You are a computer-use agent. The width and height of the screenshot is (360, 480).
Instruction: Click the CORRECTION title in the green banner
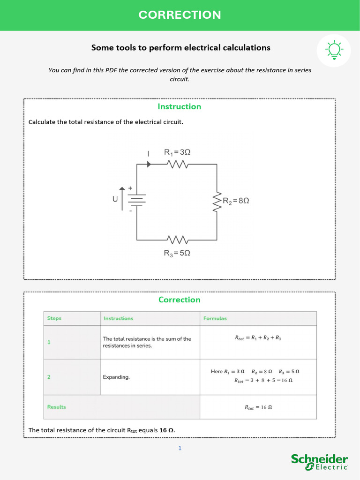[180, 15]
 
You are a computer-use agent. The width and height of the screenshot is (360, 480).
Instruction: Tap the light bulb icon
[334, 50]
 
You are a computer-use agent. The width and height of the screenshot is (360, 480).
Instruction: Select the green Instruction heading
[179, 106]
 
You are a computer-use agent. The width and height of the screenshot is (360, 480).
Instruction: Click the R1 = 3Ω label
[177, 152]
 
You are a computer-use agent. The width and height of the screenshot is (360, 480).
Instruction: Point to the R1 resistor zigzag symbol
[178, 164]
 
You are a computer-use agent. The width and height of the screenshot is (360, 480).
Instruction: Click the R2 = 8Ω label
[236, 201]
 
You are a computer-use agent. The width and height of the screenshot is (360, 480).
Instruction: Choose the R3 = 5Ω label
[177, 253]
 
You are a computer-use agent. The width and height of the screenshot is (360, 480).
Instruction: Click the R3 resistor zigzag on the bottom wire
[178, 240]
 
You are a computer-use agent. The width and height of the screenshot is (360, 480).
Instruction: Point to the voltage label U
[115, 199]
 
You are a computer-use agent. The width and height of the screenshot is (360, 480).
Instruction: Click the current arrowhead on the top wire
[149, 164]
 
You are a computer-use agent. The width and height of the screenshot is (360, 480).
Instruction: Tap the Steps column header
[54, 318]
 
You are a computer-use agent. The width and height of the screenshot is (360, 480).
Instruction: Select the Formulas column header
[215, 318]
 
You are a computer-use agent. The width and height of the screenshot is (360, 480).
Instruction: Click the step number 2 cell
[49, 376]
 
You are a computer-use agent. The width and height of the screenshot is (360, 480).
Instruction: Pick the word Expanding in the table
[116, 377]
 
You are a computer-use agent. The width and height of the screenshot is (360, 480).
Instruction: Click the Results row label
[56, 407]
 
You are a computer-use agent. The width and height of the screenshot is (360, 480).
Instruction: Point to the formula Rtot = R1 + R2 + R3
[258, 337]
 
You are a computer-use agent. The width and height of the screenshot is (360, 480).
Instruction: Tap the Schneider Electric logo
[319, 462]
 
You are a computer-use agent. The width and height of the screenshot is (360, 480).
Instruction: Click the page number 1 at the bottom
[180, 449]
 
